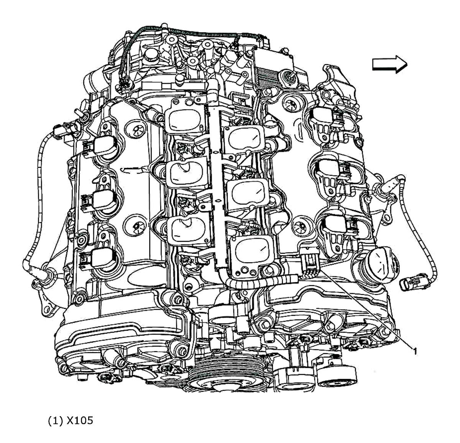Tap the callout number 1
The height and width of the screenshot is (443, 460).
coord(414,349)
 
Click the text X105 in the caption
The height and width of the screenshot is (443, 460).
coord(79,420)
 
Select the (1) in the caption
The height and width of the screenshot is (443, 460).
coord(55,420)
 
